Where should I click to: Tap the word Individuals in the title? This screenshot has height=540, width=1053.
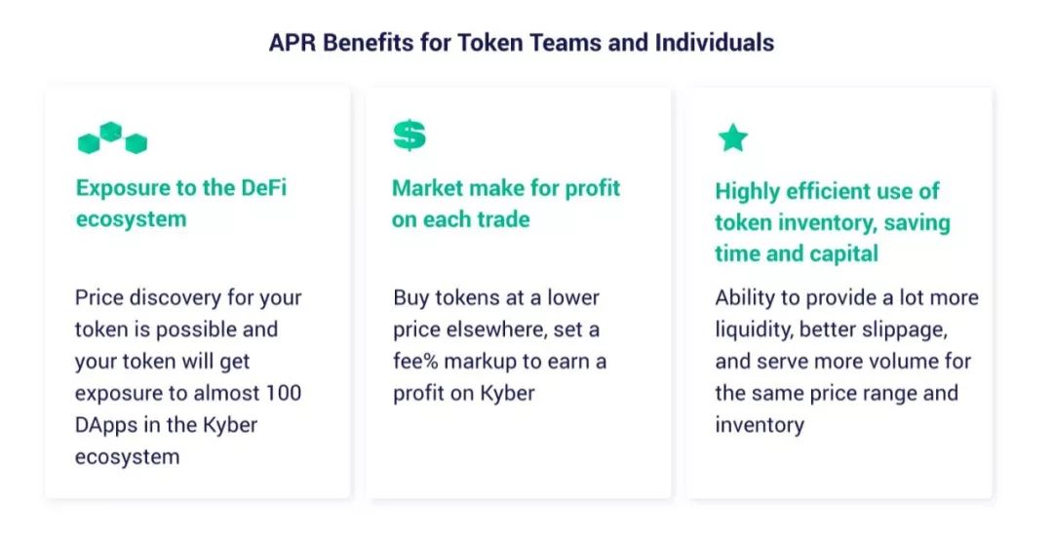pyautogui.click(x=715, y=43)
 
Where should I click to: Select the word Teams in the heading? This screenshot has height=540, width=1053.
pyautogui.click(x=565, y=43)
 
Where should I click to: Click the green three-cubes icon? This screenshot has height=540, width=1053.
pyautogui.click(x=112, y=137)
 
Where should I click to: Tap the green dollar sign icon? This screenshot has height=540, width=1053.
pyautogui.click(x=409, y=135)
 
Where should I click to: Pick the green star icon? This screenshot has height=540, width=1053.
pyautogui.click(x=732, y=137)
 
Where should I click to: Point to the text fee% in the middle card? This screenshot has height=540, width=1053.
pyautogui.click(x=415, y=362)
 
